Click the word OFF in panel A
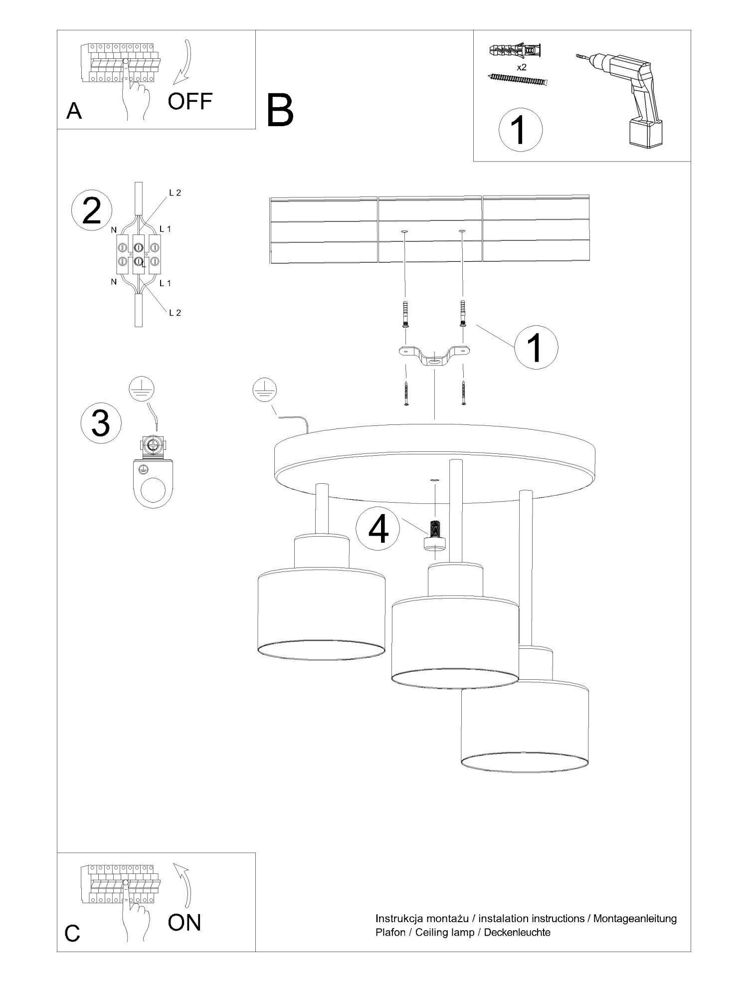click(x=190, y=101)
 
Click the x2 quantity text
click(x=522, y=67)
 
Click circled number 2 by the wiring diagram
click(x=91, y=212)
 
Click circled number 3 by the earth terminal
click(x=101, y=423)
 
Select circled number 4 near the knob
click(x=378, y=530)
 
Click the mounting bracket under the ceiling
click(x=434, y=356)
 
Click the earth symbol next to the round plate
click(x=265, y=390)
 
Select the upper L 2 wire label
click(x=175, y=193)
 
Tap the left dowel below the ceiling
click(x=405, y=314)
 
